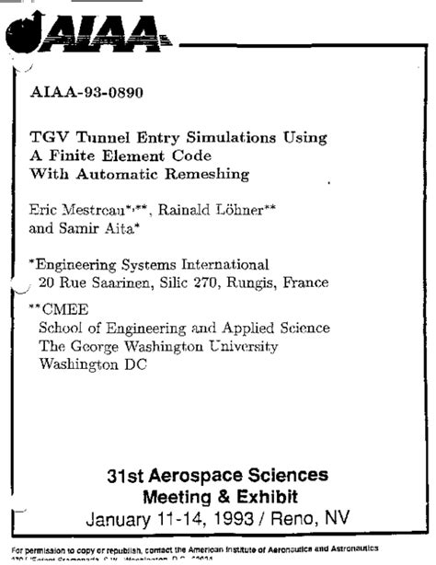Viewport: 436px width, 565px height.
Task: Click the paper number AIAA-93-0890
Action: pyautogui.click(x=87, y=93)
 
